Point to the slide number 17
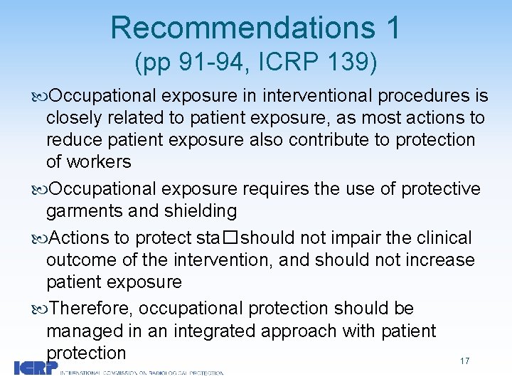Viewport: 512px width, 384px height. pyautogui.click(x=464, y=361)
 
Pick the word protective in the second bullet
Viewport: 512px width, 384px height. pyautogui.click(x=441, y=188)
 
